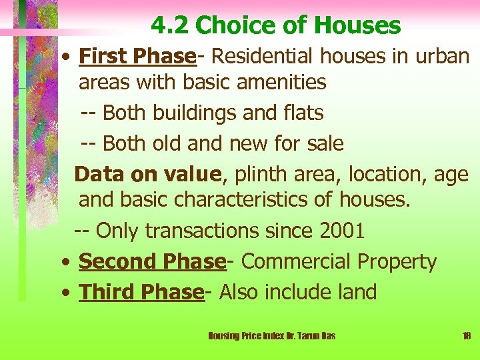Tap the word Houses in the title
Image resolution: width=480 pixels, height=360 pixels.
pyautogui.click(x=357, y=25)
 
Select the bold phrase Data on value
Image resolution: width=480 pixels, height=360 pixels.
pyautogui.click(x=147, y=174)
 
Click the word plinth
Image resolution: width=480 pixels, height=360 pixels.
pyautogui.click(x=261, y=174)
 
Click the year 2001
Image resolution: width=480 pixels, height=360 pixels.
pyautogui.click(x=341, y=231)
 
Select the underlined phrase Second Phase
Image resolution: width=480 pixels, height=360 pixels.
pyautogui.click(x=152, y=262)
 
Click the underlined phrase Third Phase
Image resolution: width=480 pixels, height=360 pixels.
pyautogui.click(x=141, y=292)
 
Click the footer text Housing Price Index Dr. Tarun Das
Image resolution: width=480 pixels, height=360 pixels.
pyautogui.click(x=272, y=336)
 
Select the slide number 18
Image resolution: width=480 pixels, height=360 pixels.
pyautogui.click(x=466, y=336)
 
